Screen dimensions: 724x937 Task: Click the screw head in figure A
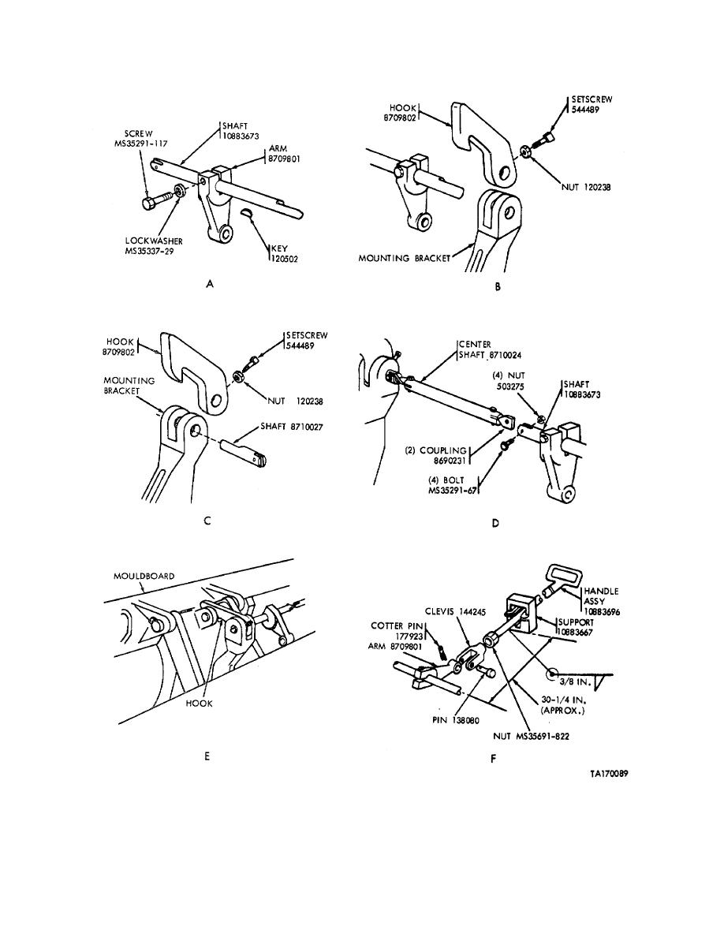150,203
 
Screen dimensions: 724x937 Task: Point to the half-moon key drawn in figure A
248,213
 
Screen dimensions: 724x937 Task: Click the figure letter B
498,287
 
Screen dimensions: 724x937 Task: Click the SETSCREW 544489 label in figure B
592,105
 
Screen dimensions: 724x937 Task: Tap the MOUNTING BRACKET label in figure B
405,258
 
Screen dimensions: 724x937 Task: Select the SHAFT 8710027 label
292,427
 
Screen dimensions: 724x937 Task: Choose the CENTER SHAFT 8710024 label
490,349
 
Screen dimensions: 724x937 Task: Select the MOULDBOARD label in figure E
144,576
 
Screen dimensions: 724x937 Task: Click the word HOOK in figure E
199,704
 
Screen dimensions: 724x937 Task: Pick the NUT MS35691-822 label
531,736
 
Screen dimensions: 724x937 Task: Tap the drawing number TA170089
609,773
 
